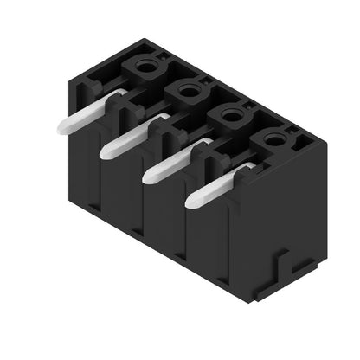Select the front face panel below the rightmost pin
tap(206, 242)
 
